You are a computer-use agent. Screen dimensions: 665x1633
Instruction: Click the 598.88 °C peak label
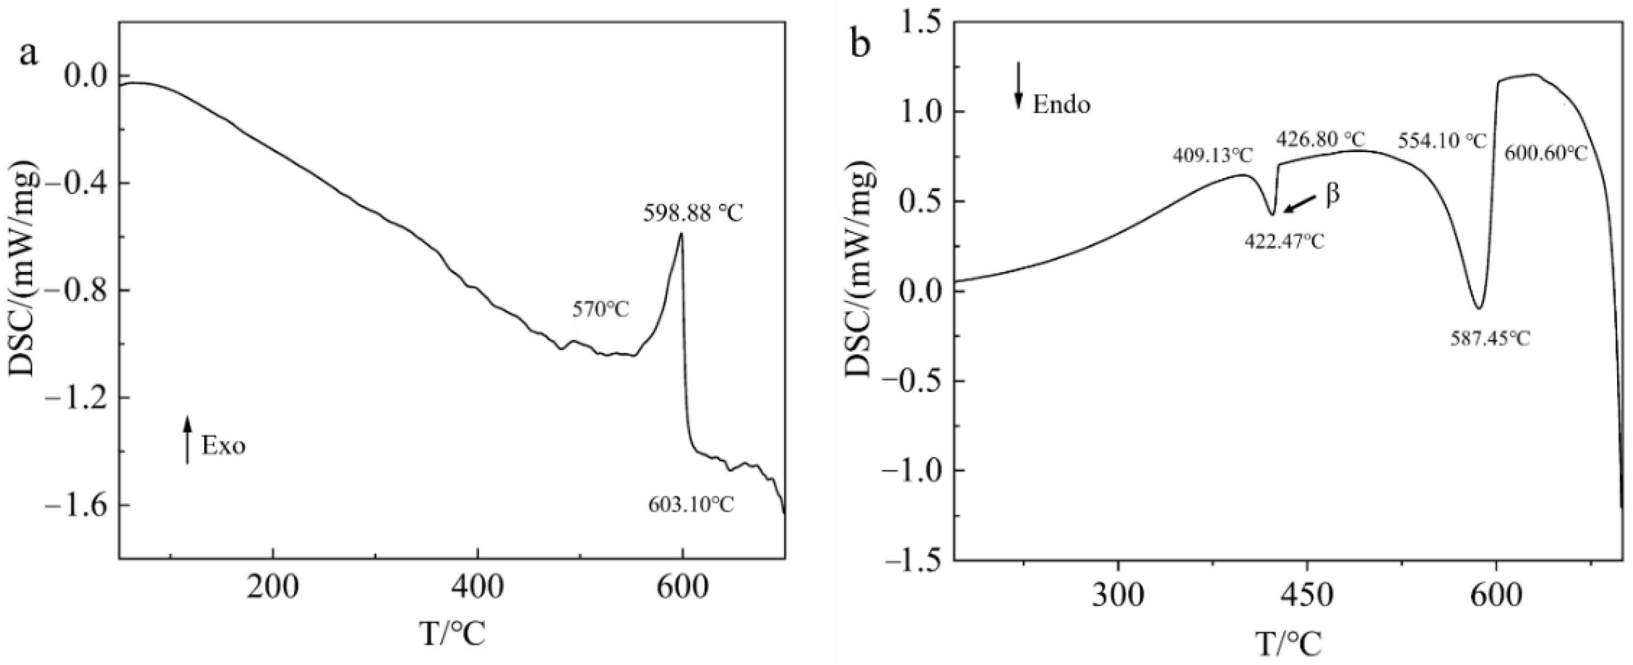(x=692, y=213)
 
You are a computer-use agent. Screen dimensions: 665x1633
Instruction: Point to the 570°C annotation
(x=600, y=310)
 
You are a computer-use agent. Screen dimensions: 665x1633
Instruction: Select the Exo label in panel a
(x=223, y=446)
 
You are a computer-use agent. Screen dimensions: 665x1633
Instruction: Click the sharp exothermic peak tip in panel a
(x=682, y=235)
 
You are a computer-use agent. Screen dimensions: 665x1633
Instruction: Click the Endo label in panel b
(x=1061, y=105)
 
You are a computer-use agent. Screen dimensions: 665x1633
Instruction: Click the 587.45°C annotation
(x=1490, y=338)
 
